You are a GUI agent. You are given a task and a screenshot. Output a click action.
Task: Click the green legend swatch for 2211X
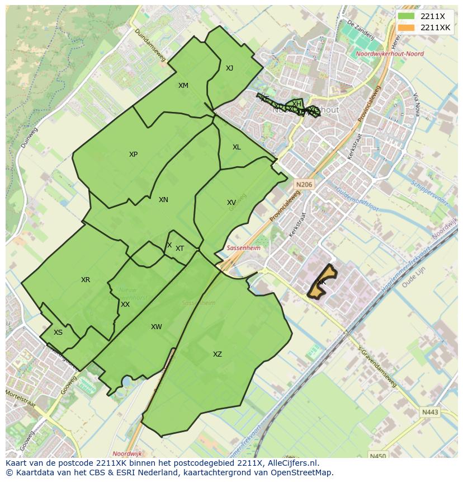(x=406, y=16)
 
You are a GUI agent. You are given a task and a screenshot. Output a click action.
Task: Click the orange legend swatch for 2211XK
(x=406, y=27)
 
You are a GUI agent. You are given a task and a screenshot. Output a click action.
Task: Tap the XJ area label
(x=229, y=68)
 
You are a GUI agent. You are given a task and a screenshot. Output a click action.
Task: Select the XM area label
(x=183, y=86)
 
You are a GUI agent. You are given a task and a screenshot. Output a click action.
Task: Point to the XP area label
(x=133, y=155)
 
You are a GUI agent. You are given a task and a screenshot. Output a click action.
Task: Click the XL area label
(x=237, y=147)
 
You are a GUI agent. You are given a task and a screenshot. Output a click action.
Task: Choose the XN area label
(x=163, y=200)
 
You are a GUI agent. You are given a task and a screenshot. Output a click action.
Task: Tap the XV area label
(x=231, y=203)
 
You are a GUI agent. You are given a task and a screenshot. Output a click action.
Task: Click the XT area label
(x=179, y=249)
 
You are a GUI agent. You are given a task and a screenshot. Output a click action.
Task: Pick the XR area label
(x=86, y=280)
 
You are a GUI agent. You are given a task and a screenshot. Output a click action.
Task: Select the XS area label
(x=58, y=333)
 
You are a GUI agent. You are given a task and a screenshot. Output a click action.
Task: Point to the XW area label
(x=156, y=327)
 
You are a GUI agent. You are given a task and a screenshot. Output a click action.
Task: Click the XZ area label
(x=218, y=354)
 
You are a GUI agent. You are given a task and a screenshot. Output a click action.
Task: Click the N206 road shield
(x=305, y=184)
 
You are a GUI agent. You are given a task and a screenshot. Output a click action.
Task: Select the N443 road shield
(x=431, y=413)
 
